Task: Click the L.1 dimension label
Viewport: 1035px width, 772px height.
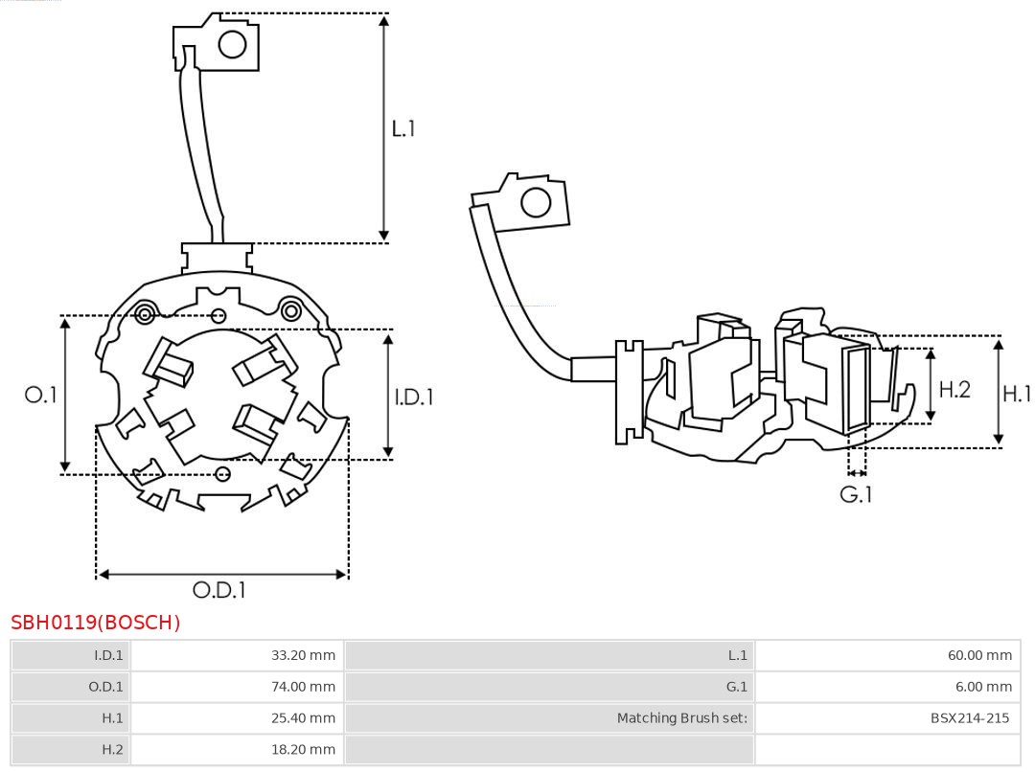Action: click(x=403, y=128)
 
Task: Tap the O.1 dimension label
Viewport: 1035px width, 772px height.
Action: click(x=40, y=395)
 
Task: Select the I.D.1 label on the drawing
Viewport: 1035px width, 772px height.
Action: click(x=414, y=397)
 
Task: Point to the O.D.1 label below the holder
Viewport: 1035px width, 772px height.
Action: click(x=219, y=590)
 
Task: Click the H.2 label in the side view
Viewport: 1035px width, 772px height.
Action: click(x=954, y=389)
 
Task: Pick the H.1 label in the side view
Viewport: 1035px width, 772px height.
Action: click(x=1017, y=393)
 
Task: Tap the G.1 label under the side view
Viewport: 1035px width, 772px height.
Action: click(x=856, y=495)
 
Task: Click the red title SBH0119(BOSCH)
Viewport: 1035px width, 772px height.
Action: click(x=96, y=623)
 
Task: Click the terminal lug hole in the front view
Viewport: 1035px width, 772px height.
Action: click(x=233, y=44)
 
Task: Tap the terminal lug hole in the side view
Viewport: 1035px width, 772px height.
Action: click(x=535, y=203)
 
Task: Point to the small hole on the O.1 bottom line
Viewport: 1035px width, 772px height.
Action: click(x=223, y=474)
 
